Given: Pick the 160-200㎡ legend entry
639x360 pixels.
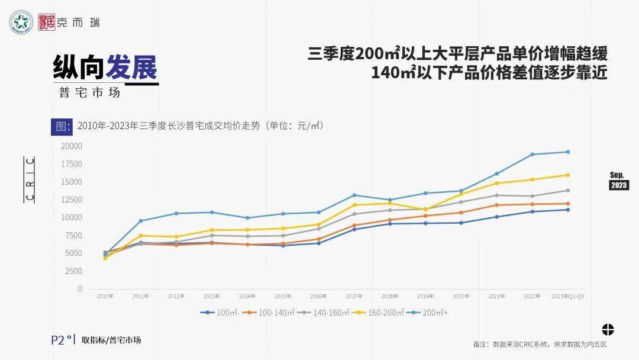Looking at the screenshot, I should [378, 313].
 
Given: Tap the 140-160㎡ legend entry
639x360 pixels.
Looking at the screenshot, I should [325, 313].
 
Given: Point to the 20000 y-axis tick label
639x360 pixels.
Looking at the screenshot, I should [72, 146].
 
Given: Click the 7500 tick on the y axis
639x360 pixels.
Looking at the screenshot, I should [74, 236].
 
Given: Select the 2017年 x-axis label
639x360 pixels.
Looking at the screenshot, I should [354, 296].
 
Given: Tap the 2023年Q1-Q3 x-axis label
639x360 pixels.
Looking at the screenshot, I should [567, 296].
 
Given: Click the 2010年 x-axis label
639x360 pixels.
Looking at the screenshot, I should [105, 296].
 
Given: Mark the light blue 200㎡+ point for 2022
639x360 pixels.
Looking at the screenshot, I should [532, 155].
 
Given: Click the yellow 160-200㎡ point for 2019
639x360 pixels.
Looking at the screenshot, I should [425, 210].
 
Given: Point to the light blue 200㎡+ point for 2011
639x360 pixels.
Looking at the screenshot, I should [141, 221].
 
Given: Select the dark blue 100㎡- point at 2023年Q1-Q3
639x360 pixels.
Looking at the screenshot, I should [567, 210].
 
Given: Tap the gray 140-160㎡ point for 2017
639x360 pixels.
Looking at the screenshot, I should [354, 214].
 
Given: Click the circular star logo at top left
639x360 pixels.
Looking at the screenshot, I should [21, 22].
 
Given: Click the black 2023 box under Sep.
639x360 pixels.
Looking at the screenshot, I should [619, 185].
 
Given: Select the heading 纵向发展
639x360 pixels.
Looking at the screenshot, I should [105, 67].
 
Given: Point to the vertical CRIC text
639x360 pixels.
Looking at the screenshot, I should [30, 179].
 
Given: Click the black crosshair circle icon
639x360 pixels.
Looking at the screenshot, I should [608, 330].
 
